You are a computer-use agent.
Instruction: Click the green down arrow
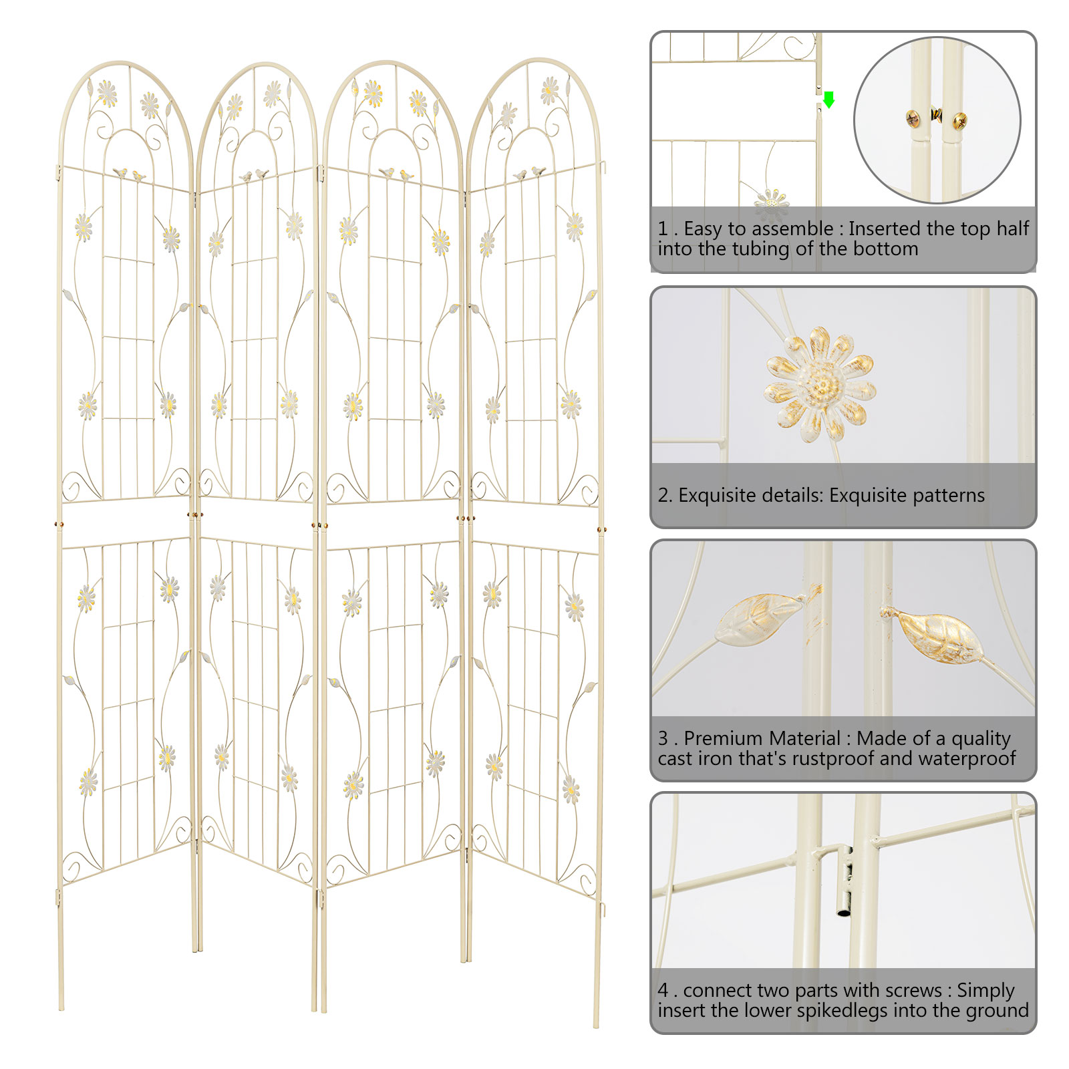[829, 100]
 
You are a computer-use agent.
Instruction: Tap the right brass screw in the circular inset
[959, 121]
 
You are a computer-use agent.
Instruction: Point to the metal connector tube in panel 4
[845, 881]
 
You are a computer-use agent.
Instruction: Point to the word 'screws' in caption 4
[911, 990]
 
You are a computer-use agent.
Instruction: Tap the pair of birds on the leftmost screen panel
[130, 174]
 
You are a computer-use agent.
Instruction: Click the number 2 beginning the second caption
[663, 495]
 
